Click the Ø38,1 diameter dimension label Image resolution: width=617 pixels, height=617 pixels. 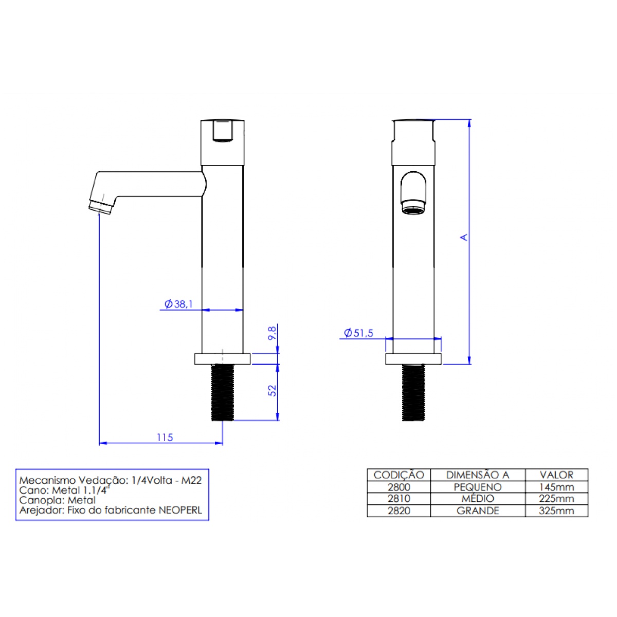pyautogui.click(x=178, y=304)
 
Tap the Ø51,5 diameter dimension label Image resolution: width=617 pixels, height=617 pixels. pyautogui.click(x=358, y=333)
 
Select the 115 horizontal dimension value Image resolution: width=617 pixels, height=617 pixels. pyautogui.click(x=165, y=438)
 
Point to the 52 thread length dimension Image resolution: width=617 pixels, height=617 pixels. pyautogui.click(x=272, y=391)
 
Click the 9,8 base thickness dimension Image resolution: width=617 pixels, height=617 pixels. pyautogui.click(x=272, y=333)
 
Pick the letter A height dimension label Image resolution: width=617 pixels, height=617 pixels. pyautogui.click(x=464, y=237)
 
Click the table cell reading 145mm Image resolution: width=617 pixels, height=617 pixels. pyautogui.click(x=556, y=487)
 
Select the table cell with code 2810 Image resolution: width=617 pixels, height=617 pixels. pyautogui.click(x=398, y=499)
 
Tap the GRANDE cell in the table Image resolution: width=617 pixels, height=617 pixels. pyautogui.click(x=477, y=511)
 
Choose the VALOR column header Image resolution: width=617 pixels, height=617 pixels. pyautogui.click(x=556, y=475)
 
